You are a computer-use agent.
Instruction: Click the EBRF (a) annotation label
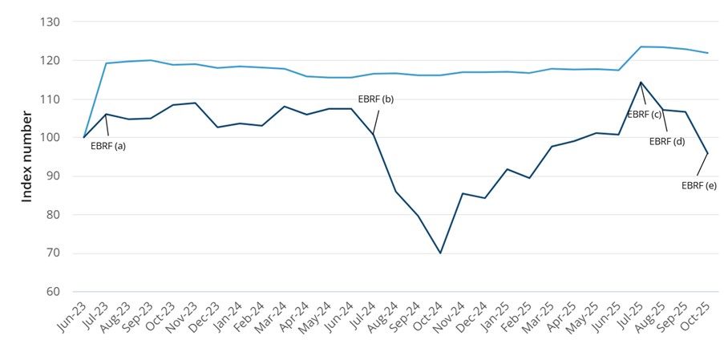109,146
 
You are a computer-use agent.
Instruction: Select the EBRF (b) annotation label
376,99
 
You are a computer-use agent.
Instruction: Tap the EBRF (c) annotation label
644,115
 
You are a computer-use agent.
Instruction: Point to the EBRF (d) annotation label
666,141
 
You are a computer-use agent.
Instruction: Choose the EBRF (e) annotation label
698,185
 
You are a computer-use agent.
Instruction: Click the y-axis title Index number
27,157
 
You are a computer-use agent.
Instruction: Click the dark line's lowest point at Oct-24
440,253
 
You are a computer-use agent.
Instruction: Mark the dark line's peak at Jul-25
641,82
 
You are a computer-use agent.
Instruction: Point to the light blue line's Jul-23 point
107,63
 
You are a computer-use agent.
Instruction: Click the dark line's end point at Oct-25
707,153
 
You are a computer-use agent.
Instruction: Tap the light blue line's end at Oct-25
707,53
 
